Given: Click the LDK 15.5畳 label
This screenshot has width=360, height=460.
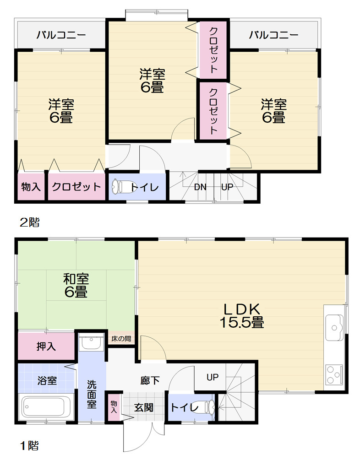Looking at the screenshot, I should pos(241,315).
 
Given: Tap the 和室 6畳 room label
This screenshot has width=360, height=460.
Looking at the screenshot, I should pos(76,285).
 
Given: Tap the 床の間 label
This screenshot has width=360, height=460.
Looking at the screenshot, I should pos(121,339).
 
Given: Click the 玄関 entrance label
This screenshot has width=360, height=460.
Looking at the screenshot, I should pos(143,407).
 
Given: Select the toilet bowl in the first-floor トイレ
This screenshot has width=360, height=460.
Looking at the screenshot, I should pos(206,406).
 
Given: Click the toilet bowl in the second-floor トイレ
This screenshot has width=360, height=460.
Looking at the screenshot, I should pos(118,187).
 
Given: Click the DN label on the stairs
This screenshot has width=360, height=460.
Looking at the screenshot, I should pos(200,187).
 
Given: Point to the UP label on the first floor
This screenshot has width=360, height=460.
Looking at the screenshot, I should pos(213,377).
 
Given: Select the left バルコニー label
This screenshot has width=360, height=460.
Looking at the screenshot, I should pos(61,35).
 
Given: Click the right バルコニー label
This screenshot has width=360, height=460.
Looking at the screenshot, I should pos(273,35).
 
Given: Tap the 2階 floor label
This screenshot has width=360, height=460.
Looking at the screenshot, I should pos(29,223).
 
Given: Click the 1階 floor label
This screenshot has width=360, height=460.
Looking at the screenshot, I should pos(29,445).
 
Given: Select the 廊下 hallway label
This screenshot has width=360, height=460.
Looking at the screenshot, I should pos(150,380).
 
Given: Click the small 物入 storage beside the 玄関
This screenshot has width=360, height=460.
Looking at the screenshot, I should pos(114,406).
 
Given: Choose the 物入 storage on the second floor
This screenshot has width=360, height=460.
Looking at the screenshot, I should pos(31,187).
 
